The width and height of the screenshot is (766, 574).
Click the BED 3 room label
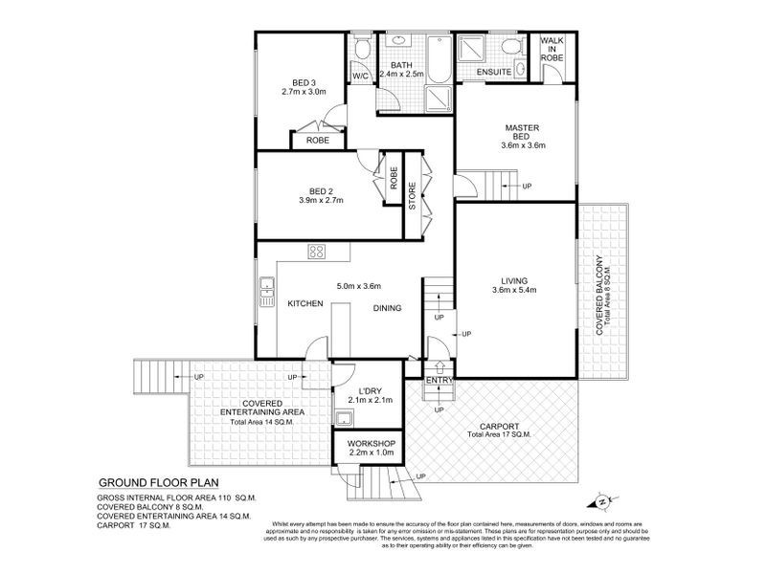point(304,81)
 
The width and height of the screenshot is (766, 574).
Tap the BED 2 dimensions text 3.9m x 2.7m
point(320,200)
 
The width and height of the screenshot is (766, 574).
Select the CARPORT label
point(499,426)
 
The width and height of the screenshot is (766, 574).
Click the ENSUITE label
point(494,73)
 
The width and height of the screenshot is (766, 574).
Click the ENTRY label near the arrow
point(439,381)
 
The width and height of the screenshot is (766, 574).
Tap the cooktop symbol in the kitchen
point(315,253)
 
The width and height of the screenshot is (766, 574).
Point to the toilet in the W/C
point(360,50)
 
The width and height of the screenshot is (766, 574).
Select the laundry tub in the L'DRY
point(343,417)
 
